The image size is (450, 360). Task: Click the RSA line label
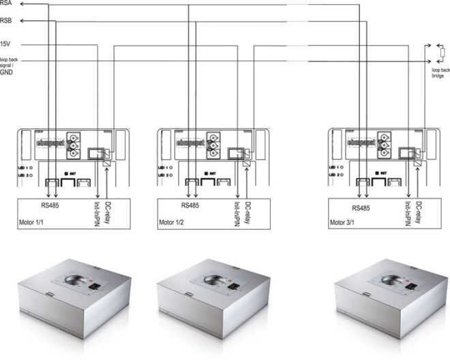[6, 3]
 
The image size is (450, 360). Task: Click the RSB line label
[6, 23]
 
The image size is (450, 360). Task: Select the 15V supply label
[5, 45]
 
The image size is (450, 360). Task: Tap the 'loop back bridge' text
[438, 73]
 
